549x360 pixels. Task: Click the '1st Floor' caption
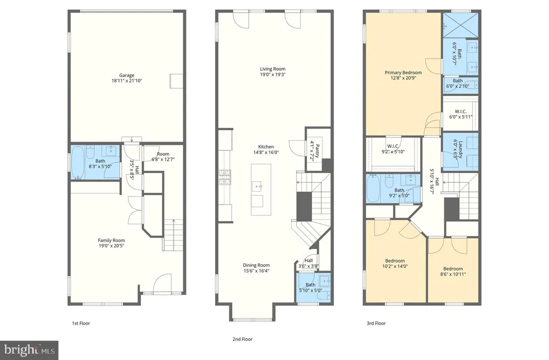[81, 323]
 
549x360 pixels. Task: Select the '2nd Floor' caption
[242, 339]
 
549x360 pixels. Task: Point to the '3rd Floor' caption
[376, 323]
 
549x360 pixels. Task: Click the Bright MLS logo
[29, 350]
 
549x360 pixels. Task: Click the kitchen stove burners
[225, 177]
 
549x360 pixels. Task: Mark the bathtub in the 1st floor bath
[78, 163]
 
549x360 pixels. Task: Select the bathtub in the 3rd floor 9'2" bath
[373, 188]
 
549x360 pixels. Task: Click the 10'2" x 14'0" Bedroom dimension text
[395, 266]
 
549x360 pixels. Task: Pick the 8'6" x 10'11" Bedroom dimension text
[453, 274]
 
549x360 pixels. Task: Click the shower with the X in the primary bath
[461, 25]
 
